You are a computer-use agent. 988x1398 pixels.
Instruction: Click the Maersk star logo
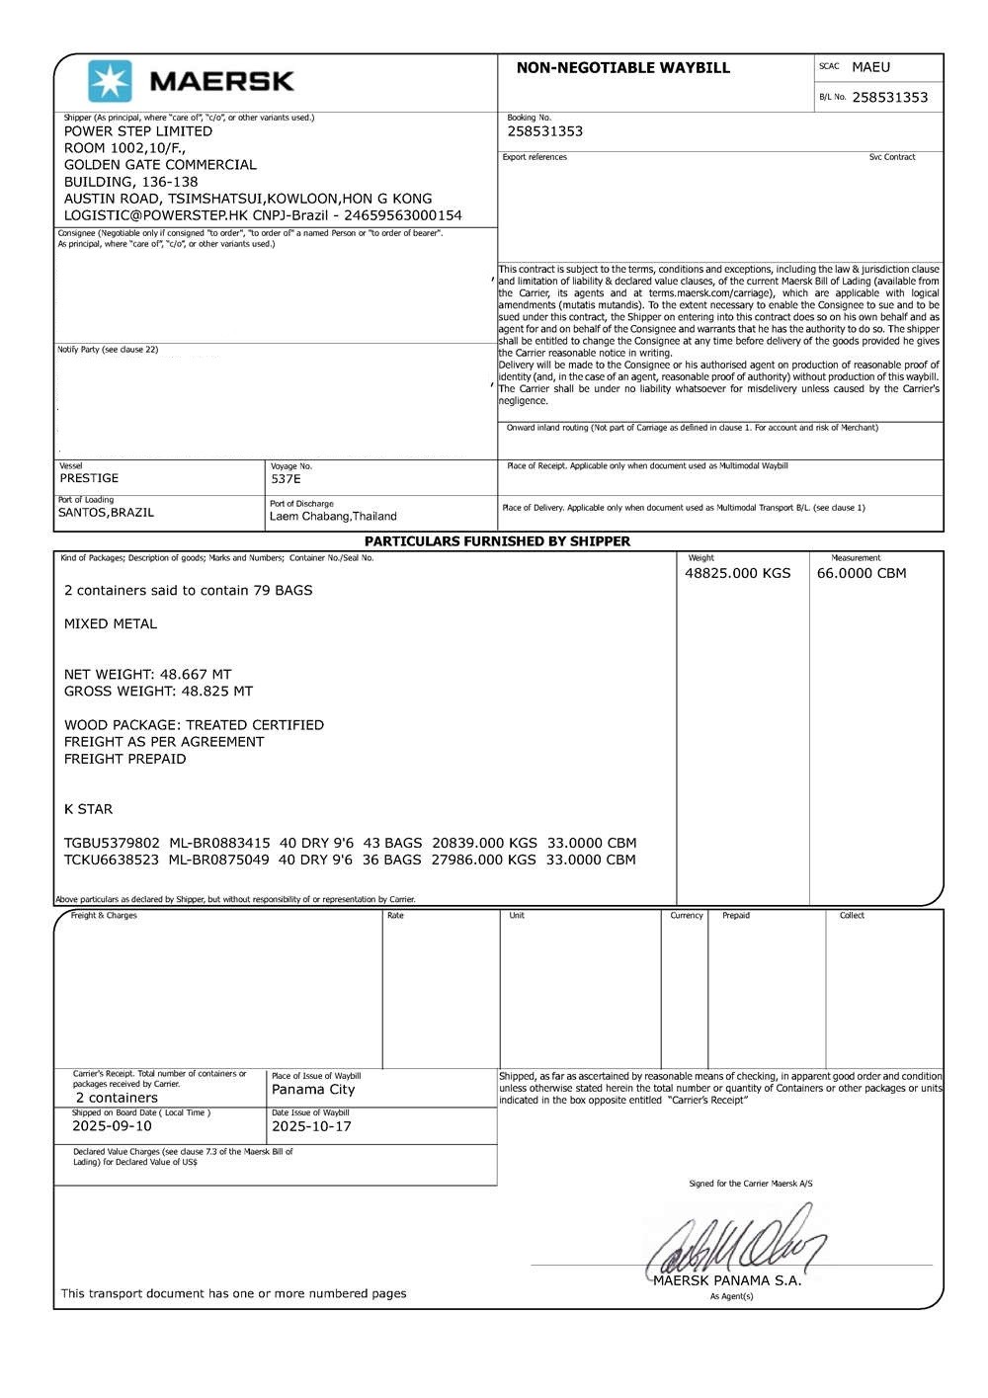(109, 81)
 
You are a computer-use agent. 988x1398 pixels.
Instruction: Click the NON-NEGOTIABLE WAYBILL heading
(622, 68)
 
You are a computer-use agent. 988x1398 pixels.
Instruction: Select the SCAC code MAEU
(870, 67)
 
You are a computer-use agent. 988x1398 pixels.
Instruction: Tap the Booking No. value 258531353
(544, 131)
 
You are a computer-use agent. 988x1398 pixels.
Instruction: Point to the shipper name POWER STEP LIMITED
(138, 131)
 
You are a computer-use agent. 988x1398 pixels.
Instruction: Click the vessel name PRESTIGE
(89, 478)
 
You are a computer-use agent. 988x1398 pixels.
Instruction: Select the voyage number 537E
(286, 479)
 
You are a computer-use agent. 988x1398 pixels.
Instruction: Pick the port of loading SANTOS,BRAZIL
(106, 513)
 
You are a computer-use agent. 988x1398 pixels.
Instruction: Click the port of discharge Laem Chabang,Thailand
(333, 517)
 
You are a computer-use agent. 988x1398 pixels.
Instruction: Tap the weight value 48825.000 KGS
(737, 573)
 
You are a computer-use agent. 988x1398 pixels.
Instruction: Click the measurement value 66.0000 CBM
(861, 573)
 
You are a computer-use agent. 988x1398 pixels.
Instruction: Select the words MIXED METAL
(111, 624)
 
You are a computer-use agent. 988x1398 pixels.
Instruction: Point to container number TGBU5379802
(112, 843)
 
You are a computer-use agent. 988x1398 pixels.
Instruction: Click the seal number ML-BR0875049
(218, 860)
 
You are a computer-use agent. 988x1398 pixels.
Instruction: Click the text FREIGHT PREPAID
(124, 759)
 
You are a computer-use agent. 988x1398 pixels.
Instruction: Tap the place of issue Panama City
(313, 1090)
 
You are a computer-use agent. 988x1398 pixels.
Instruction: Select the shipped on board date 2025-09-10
(112, 1126)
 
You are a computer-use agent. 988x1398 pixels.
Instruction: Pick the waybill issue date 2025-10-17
(311, 1126)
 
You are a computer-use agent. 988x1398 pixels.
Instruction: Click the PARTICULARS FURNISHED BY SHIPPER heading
(497, 541)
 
